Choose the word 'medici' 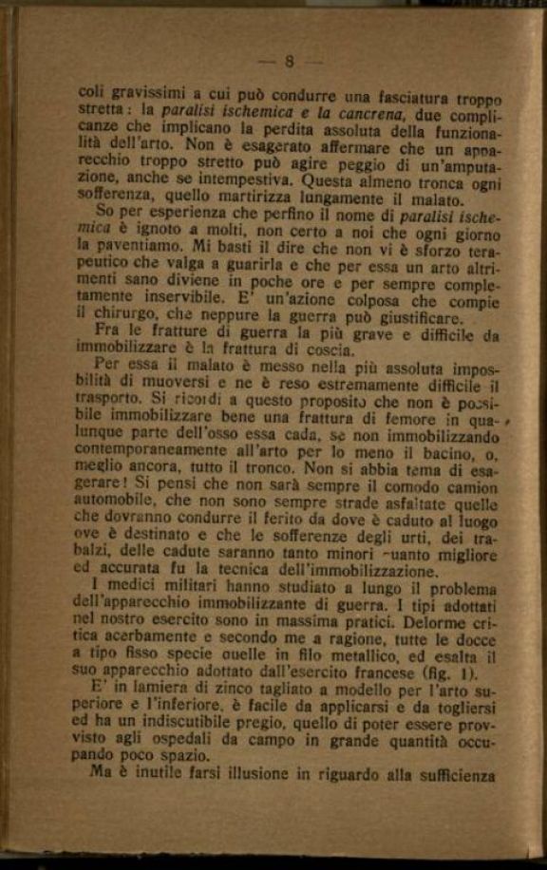(x=138, y=589)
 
